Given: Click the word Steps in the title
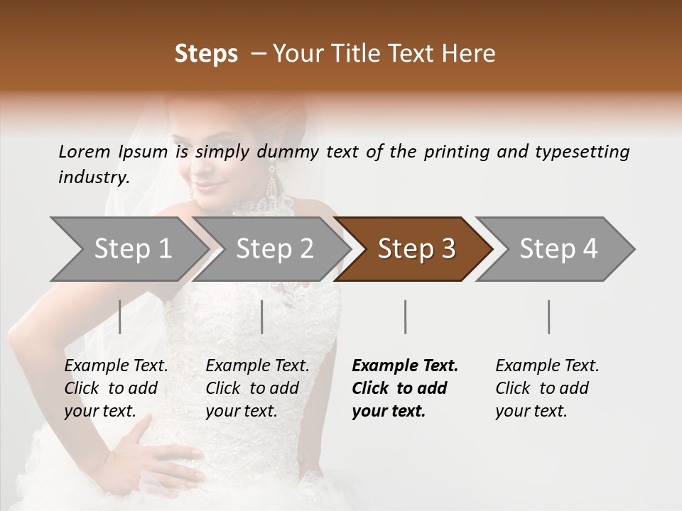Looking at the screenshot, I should (x=206, y=54).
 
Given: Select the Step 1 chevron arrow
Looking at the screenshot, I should (x=132, y=249).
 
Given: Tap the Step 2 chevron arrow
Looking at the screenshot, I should (x=274, y=249).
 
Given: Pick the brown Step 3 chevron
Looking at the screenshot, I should (x=416, y=249).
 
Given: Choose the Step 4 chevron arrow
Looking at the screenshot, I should (x=558, y=249).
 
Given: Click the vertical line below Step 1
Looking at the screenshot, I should (x=120, y=317).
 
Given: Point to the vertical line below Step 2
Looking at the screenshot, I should (x=262, y=317).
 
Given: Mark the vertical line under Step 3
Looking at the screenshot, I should (x=405, y=317).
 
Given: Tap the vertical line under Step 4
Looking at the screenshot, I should (x=548, y=317).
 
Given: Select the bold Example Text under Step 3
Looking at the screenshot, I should (x=405, y=366).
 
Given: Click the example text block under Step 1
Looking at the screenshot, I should (x=116, y=388).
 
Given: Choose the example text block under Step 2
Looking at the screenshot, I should (x=257, y=388).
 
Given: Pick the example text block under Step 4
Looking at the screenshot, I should (x=547, y=388).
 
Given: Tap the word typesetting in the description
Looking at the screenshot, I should (x=582, y=152).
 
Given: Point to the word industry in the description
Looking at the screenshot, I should (x=93, y=177).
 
